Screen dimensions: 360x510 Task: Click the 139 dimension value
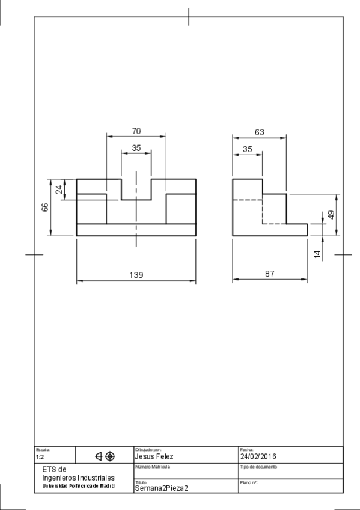[136, 275]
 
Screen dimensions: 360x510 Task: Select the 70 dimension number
[136, 131]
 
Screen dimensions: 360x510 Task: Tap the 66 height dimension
[45, 207]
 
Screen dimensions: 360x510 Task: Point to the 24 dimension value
[59, 189]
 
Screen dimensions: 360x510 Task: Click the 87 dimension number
[270, 274]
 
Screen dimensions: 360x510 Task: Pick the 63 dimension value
[260, 132]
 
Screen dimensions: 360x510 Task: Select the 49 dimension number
[331, 215]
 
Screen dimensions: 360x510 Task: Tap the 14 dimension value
[317, 254]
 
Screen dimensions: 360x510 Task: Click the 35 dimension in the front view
[136, 148]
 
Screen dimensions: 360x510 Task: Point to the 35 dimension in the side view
[247, 149]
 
